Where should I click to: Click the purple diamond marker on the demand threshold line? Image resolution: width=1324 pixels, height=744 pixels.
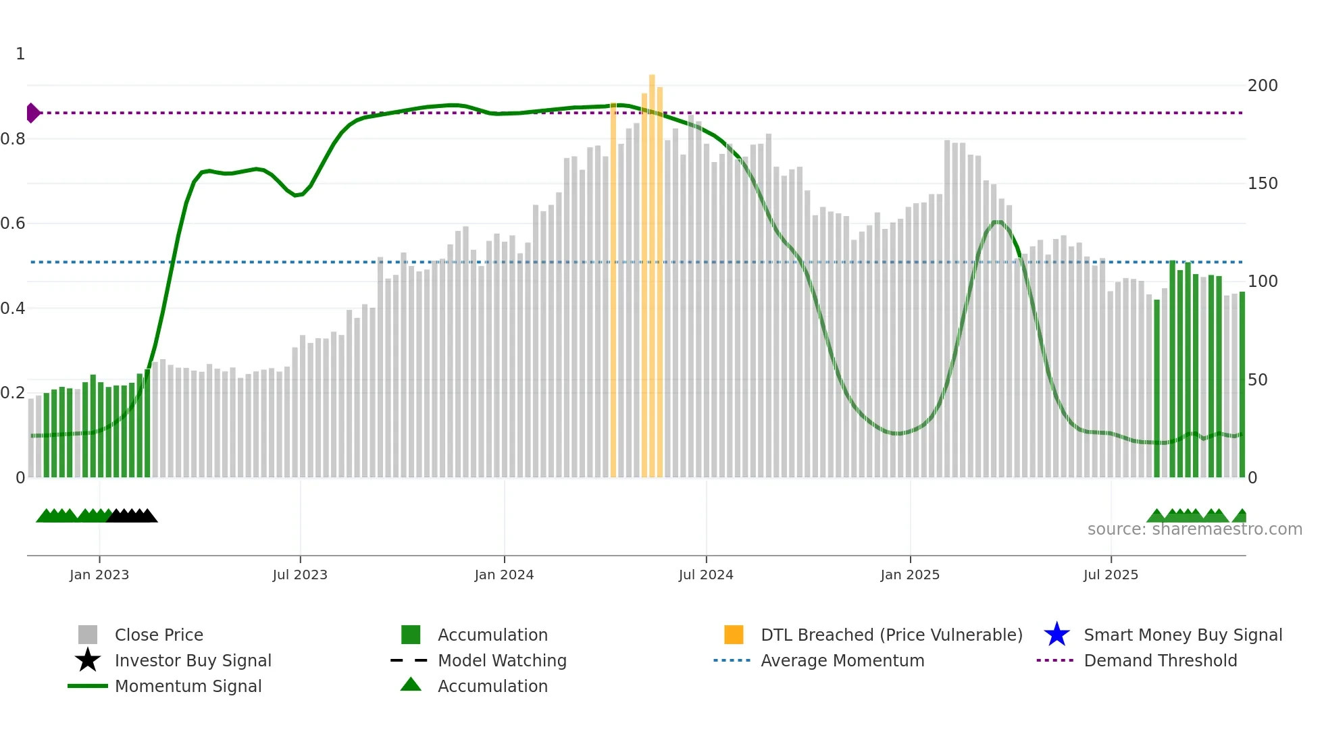tap(32, 113)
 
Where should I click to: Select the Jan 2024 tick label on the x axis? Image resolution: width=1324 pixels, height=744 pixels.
tap(504, 575)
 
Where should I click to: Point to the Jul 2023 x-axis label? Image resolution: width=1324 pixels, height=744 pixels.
tap(300, 575)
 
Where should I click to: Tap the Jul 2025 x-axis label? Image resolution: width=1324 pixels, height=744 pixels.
tap(1111, 575)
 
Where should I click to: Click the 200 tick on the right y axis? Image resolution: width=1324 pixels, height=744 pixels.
tap(1262, 86)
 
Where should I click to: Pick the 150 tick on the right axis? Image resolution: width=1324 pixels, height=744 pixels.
tap(1262, 184)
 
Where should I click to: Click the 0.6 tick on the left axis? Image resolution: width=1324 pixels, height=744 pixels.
tap(13, 223)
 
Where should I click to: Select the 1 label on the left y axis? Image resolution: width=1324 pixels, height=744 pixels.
tap(20, 54)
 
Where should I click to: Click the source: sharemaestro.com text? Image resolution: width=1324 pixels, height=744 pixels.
tap(1194, 529)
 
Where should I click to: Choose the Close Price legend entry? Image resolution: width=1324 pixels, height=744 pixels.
tap(159, 635)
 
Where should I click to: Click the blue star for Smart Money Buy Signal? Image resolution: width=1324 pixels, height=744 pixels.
tap(1056, 635)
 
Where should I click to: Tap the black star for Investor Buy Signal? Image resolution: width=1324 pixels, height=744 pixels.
tap(88, 660)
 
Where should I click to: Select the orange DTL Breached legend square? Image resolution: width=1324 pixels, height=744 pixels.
tap(734, 635)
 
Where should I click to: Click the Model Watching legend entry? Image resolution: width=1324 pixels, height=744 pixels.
tap(502, 660)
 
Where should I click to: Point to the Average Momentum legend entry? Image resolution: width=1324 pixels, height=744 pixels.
tap(842, 660)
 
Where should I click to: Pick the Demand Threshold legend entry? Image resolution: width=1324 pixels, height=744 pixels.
tap(1160, 660)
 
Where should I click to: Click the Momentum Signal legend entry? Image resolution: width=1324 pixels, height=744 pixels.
tap(188, 686)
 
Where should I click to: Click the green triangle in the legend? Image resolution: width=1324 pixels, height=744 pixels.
tap(411, 685)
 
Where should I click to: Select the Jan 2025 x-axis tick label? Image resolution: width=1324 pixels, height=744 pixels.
tap(909, 575)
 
